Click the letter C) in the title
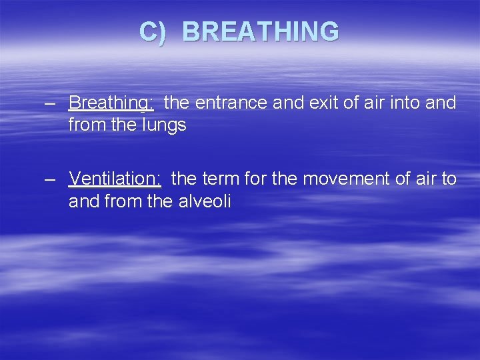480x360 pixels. pos(153,32)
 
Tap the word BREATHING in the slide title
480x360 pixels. pos(260,32)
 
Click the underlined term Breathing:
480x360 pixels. pos(111,103)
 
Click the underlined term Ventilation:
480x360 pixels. pos(115,179)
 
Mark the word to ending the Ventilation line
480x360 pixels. pos(449,179)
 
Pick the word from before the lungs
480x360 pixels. pos(85,125)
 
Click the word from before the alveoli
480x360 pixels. pos(120,201)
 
